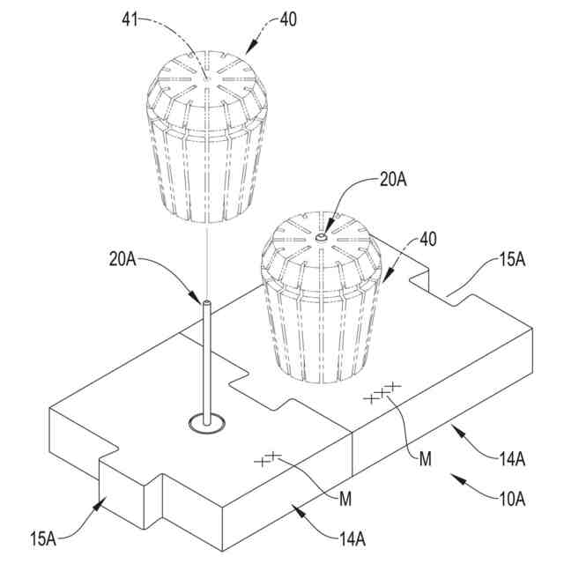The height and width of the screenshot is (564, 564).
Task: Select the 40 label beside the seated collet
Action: [x=427, y=239]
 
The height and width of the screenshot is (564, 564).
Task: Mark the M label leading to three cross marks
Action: [x=427, y=457]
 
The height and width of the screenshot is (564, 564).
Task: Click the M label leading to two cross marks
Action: [x=346, y=499]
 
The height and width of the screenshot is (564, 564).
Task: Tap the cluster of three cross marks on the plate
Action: [x=382, y=393]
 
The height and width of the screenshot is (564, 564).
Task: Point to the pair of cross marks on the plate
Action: [x=267, y=458]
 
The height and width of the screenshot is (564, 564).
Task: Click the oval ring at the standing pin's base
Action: [x=207, y=425]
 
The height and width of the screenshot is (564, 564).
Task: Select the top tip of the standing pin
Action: [x=206, y=304]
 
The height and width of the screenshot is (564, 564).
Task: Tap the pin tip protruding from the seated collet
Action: [x=323, y=236]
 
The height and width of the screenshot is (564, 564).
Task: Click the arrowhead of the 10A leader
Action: [x=454, y=477]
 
